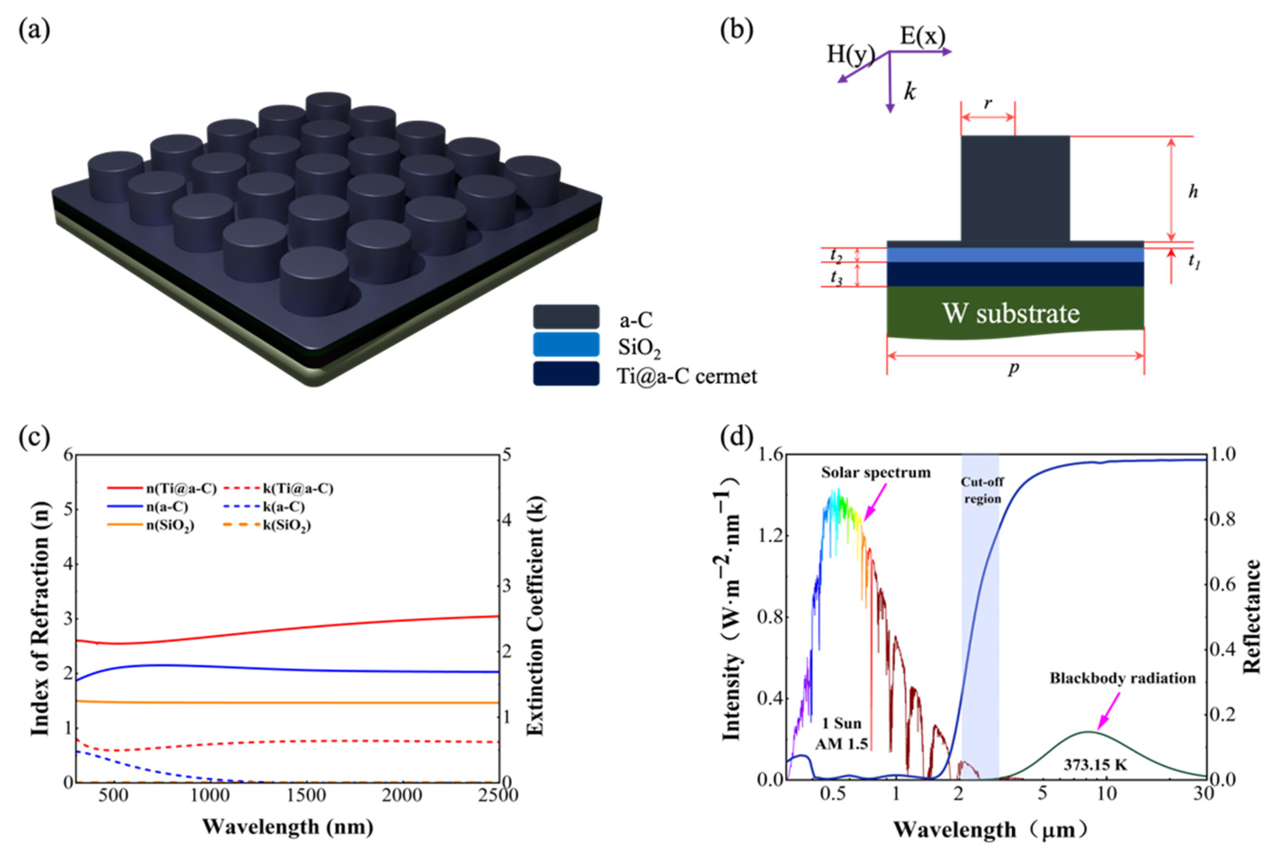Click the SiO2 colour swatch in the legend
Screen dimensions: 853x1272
[566, 345]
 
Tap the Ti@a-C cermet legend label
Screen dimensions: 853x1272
[686, 376]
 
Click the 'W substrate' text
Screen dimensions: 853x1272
[1011, 313]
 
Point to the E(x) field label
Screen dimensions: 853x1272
[922, 36]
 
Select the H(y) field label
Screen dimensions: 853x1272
[850, 54]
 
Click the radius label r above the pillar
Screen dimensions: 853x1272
[988, 103]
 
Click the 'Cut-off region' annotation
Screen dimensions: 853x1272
[982, 490]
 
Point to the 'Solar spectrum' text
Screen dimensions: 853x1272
[876, 472]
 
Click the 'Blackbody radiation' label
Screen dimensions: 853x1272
[1122, 678]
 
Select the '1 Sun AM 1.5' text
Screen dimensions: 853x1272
[841, 733]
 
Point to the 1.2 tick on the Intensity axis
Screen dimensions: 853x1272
[771, 536]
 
